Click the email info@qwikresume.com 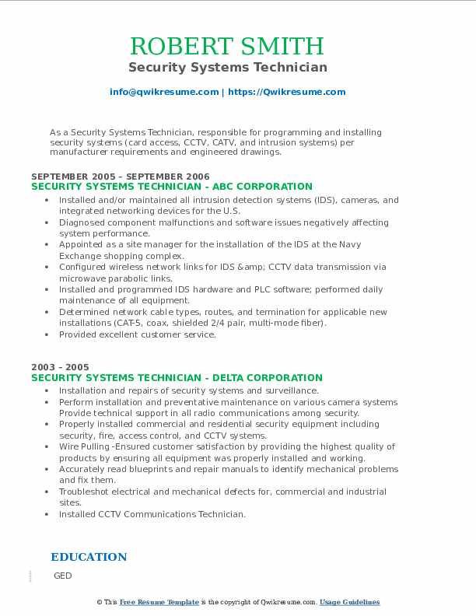[x=164, y=92]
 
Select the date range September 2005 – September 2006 [x=121, y=177]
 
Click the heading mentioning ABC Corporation [x=171, y=187]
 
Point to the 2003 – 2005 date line [x=60, y=367]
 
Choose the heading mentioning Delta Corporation [x=177, y=378]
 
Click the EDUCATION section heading [x=89, y=557]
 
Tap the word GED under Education [x=62, y=576]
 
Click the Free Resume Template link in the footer [x=159, y=602]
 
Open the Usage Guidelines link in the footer [x=349, y=602]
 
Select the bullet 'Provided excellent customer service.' [x=137, y=334]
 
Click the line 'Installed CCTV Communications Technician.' [x=152, y=514]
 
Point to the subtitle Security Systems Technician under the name [x=227, y=68]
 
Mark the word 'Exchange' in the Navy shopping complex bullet [x=79, y=256]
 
